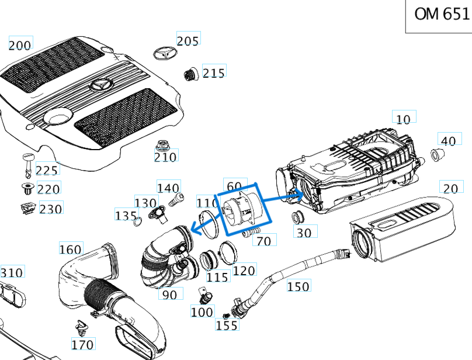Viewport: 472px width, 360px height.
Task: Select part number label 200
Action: click(x=20, y=44)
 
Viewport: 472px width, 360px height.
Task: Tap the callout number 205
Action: click(x=188, y=40)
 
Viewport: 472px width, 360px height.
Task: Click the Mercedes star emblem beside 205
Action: click(x=165, y=53)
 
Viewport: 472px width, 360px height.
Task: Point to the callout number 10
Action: click(x=403, y=119)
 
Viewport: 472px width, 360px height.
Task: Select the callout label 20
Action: click(x=450, y=188)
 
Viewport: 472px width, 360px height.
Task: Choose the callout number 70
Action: click(x=264, y=240)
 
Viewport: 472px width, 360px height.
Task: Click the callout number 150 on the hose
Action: click(x=298, y=286)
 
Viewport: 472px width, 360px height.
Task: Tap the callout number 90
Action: click(x=169, y=295)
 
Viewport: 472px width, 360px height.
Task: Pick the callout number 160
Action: click(x=71, y=250)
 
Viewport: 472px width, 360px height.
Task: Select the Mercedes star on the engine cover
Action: click(x=100, y=86)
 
